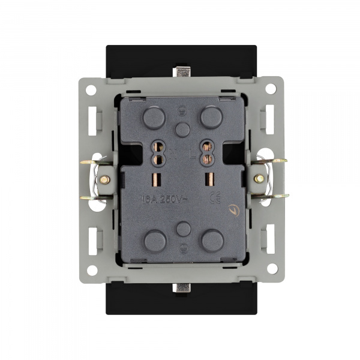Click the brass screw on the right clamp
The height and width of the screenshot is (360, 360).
(259, 179)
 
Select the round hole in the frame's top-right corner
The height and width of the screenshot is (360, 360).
(272, 91)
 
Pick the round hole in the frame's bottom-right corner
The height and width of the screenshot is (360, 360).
(272, 268)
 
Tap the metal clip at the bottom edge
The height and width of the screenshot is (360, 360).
(181, 287)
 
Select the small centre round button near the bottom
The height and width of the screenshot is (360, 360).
(184, 229)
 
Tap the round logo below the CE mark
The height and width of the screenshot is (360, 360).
(232, 211)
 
